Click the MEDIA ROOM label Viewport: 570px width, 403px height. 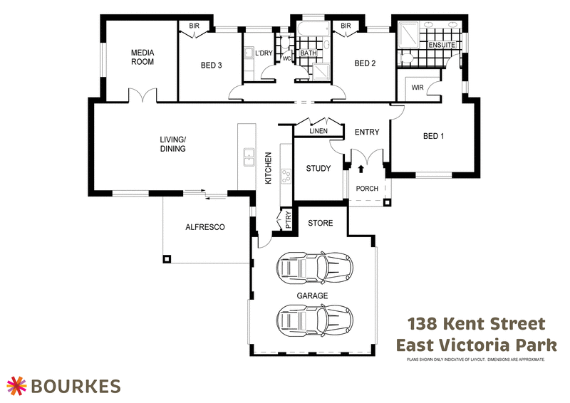tap(142, 57)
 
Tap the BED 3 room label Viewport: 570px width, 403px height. tap(211, 65)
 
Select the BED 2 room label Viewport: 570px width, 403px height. tap(365, 63)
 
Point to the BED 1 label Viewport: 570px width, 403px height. tap(433, 136)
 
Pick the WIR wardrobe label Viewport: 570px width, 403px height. tap(418, 88)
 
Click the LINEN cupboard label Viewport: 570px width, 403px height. tap(318, 131)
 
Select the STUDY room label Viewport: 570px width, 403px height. tap(318, 169)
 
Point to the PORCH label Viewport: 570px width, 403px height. tap(367, 189)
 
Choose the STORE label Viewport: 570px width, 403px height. tap(320, 223)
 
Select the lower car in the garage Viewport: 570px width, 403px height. tap(313, 318)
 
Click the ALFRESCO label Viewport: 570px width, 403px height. tap(205, 227)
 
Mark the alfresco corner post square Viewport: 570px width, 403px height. tap(167, 259)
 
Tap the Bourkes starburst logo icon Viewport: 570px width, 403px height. tap(17, 385)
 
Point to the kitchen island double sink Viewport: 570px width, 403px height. tap(249, 155)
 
